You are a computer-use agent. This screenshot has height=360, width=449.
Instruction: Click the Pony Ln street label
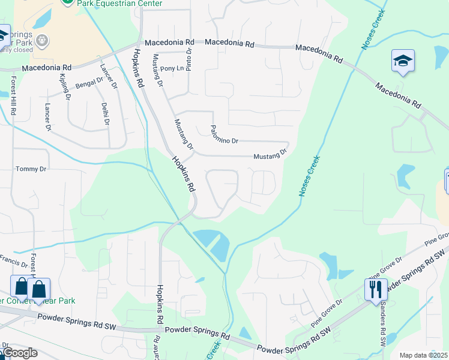pos(171,68)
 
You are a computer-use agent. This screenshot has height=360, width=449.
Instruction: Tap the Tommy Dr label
pos(31,169)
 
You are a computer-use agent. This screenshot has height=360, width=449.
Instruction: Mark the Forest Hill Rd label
pos(13,100)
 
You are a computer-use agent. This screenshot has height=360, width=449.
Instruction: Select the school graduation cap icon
pos(403,61)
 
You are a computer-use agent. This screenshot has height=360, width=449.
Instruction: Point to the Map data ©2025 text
pos(423,355)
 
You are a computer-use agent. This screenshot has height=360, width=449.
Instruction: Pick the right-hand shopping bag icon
pos(39,289)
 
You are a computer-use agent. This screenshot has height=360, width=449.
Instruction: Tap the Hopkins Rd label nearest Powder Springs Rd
pos(160,306)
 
